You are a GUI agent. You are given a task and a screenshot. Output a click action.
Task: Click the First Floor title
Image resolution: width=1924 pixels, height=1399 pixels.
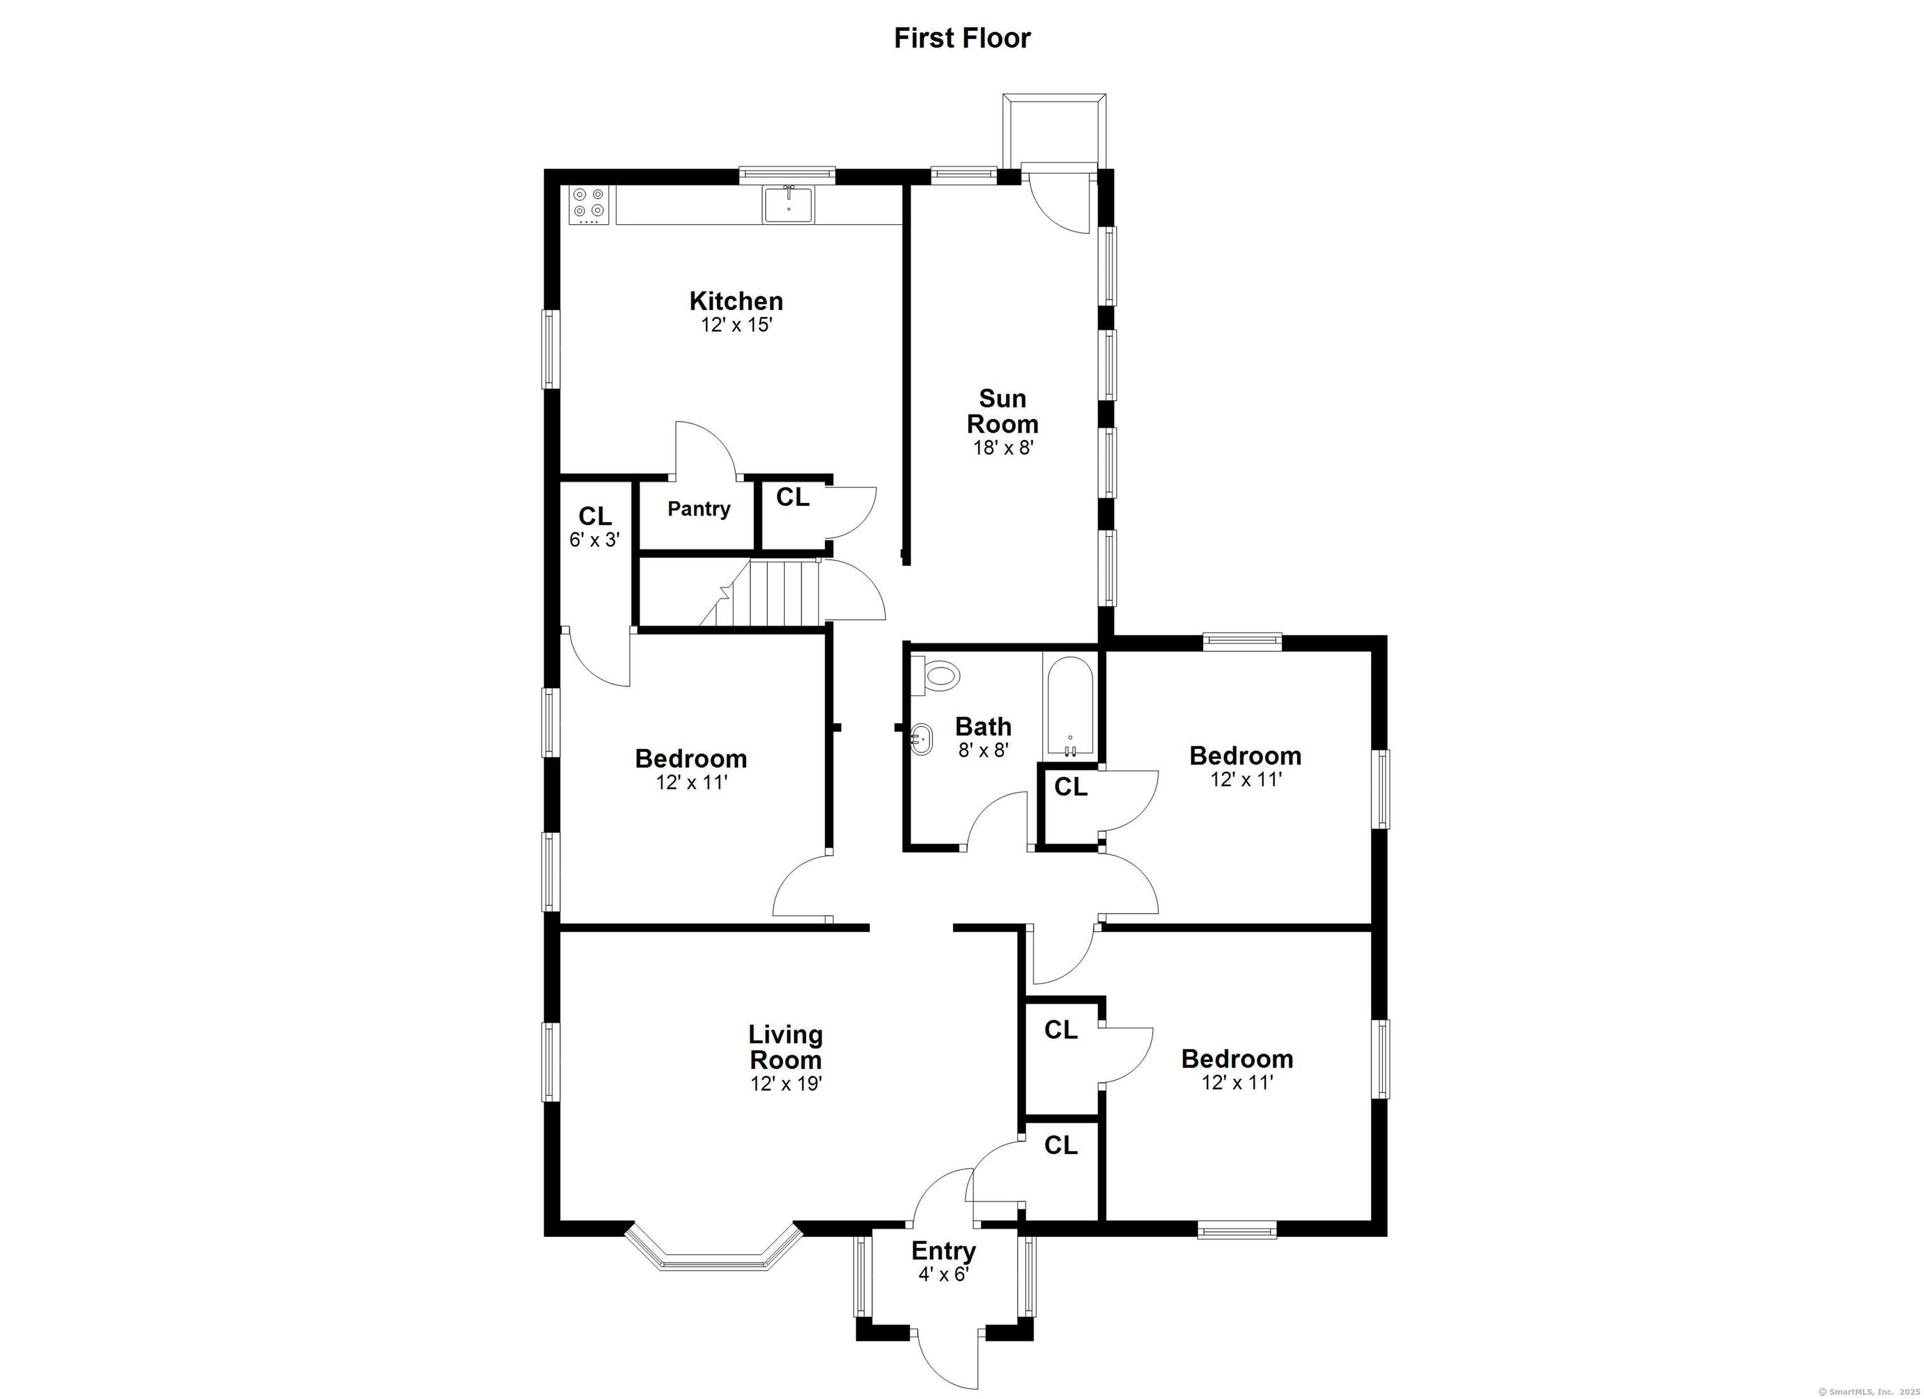coord(962,38)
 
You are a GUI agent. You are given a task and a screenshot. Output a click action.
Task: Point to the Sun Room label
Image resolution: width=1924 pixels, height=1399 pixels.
coord(1003,411)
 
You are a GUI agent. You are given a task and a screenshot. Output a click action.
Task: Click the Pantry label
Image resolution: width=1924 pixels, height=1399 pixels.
coord(698,509)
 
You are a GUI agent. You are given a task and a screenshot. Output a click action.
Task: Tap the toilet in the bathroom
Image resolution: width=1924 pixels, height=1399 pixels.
coord(938,676)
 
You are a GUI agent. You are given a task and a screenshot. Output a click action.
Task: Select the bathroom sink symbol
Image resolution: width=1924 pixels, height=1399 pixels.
coord(921,740)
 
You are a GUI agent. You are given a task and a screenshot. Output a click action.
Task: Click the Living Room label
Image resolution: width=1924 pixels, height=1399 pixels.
coord(785,1047)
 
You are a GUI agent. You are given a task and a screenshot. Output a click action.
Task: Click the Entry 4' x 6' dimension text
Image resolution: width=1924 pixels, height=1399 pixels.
coord(943,1274)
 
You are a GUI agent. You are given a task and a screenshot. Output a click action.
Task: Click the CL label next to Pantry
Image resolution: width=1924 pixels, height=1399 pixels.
coord(792,497)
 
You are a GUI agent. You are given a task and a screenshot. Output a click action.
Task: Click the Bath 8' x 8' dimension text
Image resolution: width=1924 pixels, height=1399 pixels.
coord(983,750)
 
